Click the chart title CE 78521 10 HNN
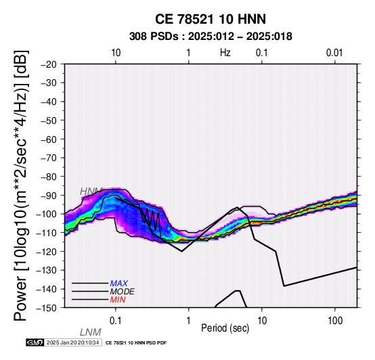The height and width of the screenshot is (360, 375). [211, 19]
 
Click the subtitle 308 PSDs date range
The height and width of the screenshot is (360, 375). [211, 37]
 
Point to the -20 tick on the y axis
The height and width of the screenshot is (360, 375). [49, 64]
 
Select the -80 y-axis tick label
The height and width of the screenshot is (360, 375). [49, 177]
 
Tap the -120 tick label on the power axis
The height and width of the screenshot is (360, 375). [47, 252]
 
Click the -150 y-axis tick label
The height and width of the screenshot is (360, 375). [47, 308]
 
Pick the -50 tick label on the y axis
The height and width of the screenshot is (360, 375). [49, 120]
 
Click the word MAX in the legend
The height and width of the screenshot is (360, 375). [119, 284]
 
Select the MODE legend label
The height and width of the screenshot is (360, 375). [123, 292]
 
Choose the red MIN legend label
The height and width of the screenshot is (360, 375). [118, 300]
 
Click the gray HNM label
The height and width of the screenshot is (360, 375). [91, 192]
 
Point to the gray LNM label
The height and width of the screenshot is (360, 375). [91, 332]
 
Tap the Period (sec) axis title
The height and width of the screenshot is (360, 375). [225, 328]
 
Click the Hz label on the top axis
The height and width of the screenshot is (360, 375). [225, 53]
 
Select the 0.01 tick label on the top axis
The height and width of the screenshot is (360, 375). [334, 53]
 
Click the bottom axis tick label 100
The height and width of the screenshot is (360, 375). [335, 321]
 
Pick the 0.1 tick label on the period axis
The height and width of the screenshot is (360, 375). [116, 321]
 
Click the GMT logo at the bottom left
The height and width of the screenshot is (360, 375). [35, 342]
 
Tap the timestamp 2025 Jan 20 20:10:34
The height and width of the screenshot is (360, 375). [72, 342]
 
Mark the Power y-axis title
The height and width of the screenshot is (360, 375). [20, 185]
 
